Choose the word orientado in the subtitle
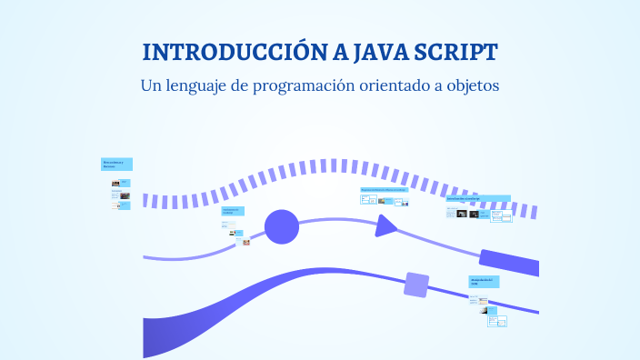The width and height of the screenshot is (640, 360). coord(405,86)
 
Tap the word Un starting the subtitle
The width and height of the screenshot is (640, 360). coord(150,86)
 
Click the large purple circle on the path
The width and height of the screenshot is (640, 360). coord(282,226)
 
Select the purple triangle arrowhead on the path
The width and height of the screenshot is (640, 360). coord(386,225)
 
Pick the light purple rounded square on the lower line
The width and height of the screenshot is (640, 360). coord(416,285)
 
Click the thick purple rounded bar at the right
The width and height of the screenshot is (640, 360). coord(509,262)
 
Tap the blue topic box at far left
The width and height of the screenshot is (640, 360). coord(117,165)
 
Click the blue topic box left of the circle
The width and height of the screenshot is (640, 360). coord(233,211)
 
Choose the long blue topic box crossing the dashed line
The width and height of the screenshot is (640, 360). coord(477,198)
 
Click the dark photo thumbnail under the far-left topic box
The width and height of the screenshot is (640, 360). coord(115,184)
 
